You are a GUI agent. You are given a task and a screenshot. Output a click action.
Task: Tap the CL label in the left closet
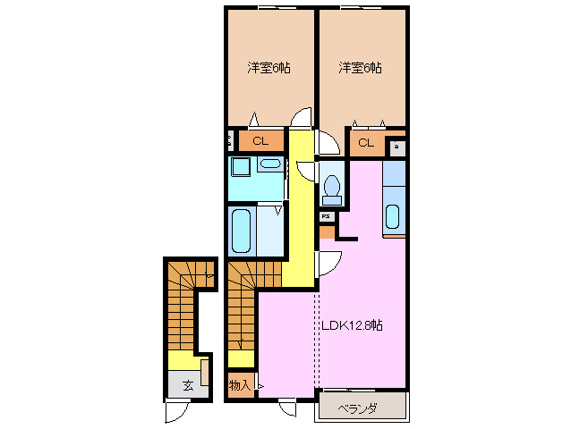tap(260, 141)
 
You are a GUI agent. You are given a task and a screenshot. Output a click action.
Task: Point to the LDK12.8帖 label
tap(352, 326)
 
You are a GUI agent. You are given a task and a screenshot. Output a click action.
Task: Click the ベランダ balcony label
tap(358, 408)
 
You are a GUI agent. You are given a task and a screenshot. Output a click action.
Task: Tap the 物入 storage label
tap(239, 385)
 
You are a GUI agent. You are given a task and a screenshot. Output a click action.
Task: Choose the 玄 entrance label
tap(188, 385)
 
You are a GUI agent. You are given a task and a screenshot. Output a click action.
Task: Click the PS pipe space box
tap(327, 215)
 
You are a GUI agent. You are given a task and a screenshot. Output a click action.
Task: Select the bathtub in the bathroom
tap(241, 231)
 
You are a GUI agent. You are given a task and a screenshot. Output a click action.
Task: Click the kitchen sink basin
tap(393, 217)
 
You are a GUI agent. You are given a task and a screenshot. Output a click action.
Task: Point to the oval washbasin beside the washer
tap(269, 164)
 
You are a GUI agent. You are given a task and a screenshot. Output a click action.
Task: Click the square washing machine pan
tap(240, 168)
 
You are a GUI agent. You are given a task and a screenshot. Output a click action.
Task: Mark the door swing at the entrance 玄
tap(177, 413)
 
